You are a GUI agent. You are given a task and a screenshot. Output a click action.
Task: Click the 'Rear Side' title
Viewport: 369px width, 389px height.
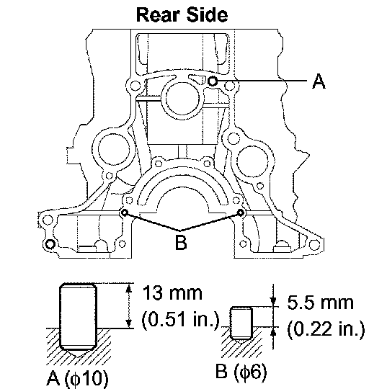[x=182, y=14]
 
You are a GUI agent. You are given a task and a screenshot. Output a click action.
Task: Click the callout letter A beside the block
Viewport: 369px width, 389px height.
[x=319, y=81]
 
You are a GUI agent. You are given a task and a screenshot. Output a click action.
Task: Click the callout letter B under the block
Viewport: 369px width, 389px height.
[x=181, y=242]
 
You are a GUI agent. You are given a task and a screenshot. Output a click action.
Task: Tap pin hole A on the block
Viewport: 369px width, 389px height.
[x=212, y=81]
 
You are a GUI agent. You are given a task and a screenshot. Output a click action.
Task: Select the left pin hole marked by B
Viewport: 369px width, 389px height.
[x=125, y=213]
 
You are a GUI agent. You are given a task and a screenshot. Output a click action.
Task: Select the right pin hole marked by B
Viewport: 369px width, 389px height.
[x=240, y=213]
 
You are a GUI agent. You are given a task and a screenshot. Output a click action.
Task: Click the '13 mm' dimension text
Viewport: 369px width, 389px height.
[x=172, y=293]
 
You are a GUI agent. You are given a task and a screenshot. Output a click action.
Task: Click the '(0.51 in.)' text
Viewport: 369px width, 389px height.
[x=181, y=319]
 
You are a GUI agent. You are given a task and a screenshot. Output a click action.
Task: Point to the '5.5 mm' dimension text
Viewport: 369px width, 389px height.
[x=321, y=303]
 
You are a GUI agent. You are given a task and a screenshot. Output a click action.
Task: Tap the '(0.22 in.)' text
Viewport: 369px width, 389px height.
[x=326, y=328]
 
